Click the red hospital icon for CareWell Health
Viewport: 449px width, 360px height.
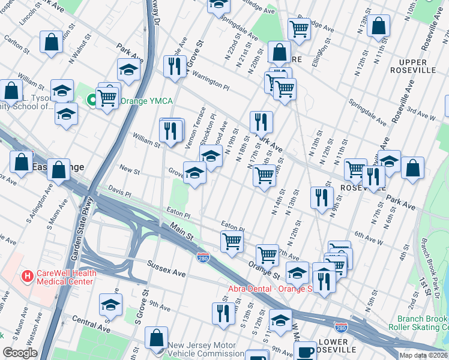click(x=26, y=277)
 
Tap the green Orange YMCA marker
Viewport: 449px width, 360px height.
click(x=92, y=100)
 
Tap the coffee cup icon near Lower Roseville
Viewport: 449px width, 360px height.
click(x=306, y=351)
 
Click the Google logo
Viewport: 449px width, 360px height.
click(x=20, y=353)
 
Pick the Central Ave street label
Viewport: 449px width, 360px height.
click(x=91, y=327)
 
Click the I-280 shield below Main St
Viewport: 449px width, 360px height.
click(x=203, y=257)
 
